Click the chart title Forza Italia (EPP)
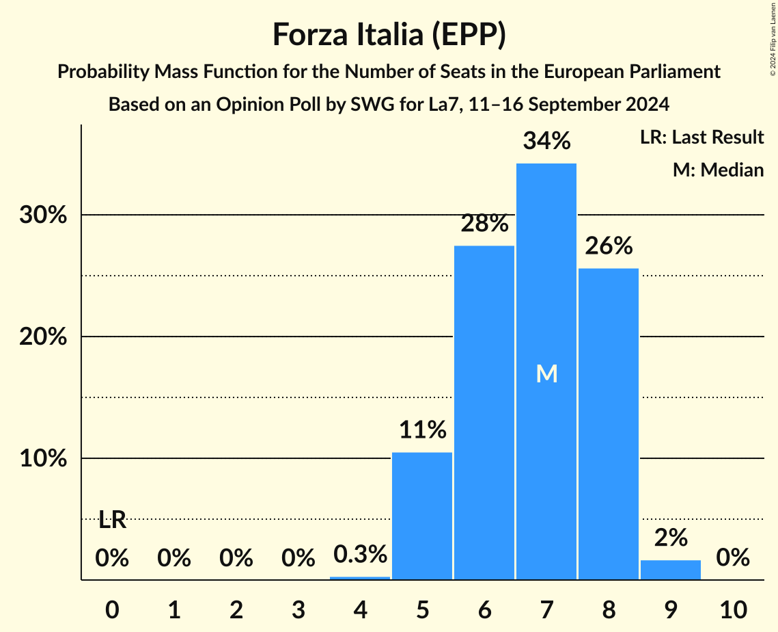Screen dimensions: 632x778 click(x=389, y=35)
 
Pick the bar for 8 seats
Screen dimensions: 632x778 click(x=609, y=424)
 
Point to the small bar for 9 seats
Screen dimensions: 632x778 click(x=671, y=570)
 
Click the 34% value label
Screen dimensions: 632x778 click(x=546, y=142)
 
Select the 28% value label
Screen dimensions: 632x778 click(x=484, y=224)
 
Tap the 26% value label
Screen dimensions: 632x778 click(x=609, y=246)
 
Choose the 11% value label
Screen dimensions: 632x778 click(x=422, y=430)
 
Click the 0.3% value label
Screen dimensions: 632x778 click(x=360, y=555)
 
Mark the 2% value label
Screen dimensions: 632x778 click(x=671, y=538)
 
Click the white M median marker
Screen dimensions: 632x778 click(x=546, y=373)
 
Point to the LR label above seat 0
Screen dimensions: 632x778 click(x=112, y=521)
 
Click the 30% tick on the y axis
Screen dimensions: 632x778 click(x=42, y=215)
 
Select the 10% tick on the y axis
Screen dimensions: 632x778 click(x=42, y=459)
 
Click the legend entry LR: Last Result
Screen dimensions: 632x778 click(x=701, y=137)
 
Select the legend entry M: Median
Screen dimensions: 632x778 click(x=717, y=170)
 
